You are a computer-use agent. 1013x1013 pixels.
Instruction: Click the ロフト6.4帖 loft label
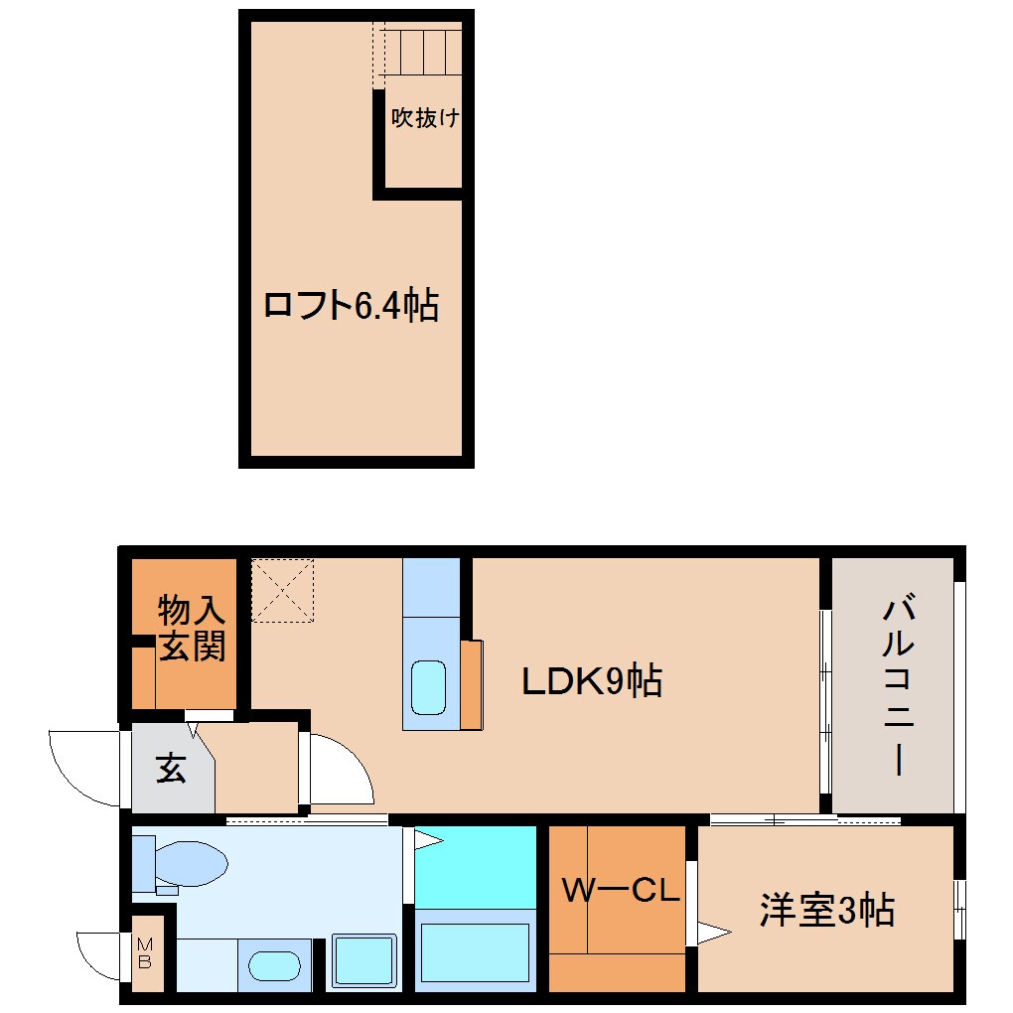[x=351, y=305]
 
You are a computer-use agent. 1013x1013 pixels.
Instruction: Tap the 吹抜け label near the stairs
[x=424, y=118]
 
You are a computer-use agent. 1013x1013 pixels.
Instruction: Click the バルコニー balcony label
[x=898, y=684]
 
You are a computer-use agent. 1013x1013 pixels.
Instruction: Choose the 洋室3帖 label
[x=827, y=909]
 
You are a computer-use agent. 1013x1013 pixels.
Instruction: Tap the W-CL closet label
[x=620, y=890]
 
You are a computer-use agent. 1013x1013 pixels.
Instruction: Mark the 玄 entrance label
[x=171, y=769]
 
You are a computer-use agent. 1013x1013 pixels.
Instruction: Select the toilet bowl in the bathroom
[x=189, y=862]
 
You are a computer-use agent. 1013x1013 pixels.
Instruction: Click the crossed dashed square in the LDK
[x=283, y=590]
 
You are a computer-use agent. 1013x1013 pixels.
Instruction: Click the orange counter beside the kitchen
[x=472, y=685]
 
